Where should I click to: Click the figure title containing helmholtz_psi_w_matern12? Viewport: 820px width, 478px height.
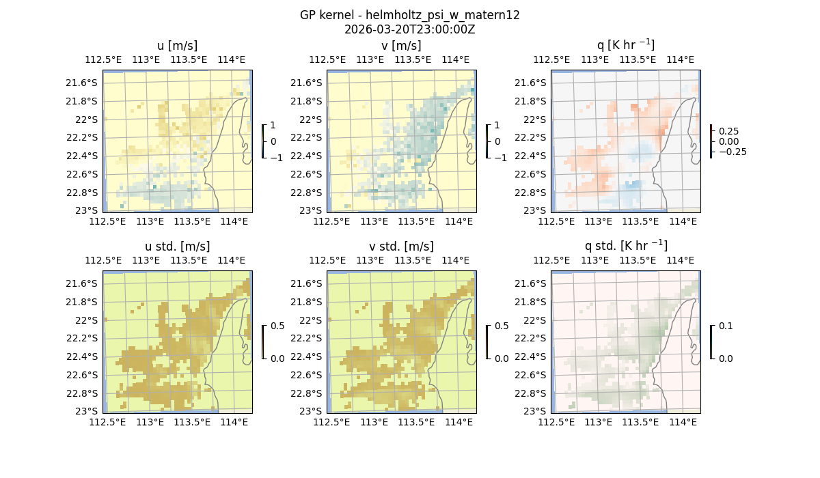pos(409,15)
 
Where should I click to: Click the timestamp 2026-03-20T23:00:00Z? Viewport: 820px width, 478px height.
pos(409,29)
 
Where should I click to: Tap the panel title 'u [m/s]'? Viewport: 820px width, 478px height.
pos(177,46)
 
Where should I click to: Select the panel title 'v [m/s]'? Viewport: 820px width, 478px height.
pos(401,46)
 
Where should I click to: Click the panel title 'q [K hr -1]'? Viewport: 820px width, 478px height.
pos(625,45)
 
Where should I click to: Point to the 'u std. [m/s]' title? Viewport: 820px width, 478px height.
pos(177,247)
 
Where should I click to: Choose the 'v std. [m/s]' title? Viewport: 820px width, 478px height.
pos(401,247)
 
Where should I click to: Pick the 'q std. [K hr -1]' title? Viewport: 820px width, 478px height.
pos(625,246)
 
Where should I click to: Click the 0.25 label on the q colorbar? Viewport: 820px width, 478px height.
pos(728,131)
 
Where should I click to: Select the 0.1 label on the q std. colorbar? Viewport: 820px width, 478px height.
pos(724,326)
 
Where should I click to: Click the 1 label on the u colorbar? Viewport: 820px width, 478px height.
pos(273,126)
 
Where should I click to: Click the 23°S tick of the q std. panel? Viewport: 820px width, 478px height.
pos(535,411)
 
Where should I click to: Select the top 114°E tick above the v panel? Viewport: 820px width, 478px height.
pos(456,59)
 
